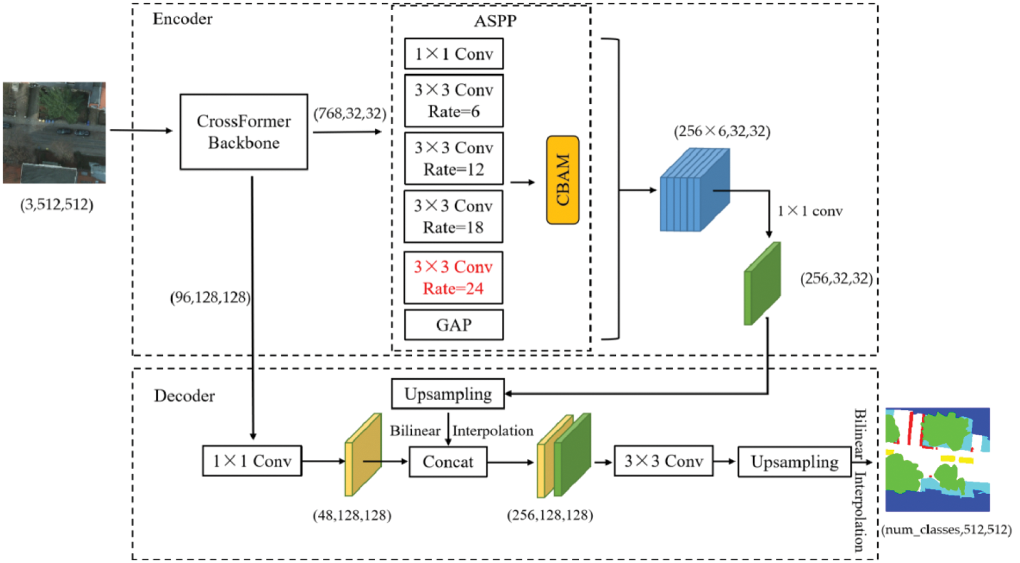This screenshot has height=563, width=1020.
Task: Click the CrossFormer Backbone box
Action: (x=244, y=132)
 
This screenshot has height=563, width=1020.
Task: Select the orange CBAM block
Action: (x=563, y=180)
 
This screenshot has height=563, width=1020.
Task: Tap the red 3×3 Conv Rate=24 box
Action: (x=454, y=278)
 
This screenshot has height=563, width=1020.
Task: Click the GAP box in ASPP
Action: (x=454, y=324)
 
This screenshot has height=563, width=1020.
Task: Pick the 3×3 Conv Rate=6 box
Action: (x=454, y=100)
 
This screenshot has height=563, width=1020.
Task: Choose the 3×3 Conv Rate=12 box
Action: (x=454, y=158)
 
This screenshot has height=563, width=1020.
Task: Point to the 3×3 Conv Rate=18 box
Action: (x=454, y=216)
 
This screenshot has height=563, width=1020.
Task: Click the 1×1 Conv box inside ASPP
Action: (x=454, y=54)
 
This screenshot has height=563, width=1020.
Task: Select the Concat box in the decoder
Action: (x=448, y=461)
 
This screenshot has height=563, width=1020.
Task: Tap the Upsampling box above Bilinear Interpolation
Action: (x=448, y=394)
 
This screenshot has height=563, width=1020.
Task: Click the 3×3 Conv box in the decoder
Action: (x=664, y=461)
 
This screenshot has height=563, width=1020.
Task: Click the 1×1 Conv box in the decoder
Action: (x=252, y=461)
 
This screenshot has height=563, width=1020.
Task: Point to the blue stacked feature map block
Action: (x=694, y=191)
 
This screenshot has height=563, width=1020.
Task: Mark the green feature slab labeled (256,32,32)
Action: (x=762, y=284)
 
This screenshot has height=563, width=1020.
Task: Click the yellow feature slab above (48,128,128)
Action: (x=363, y=454)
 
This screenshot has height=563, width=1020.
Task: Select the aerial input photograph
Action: (x=54, y=133)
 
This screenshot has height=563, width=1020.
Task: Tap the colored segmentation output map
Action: (x=937, y=459)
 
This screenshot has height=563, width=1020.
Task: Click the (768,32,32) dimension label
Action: (x=350, y=114)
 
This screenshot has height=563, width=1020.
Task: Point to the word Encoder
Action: (x=183, y=19)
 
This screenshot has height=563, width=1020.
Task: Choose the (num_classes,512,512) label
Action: (x=946, y=530)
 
